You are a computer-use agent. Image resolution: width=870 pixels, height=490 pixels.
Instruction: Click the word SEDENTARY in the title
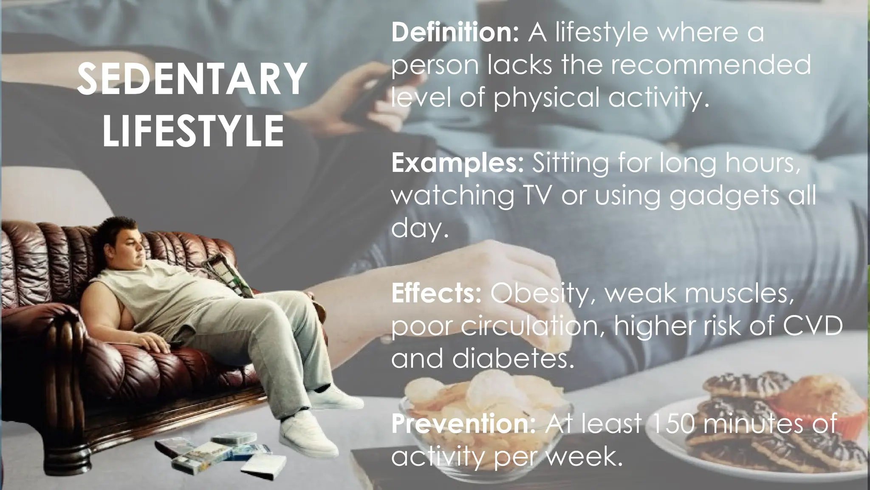pos(192,79)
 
